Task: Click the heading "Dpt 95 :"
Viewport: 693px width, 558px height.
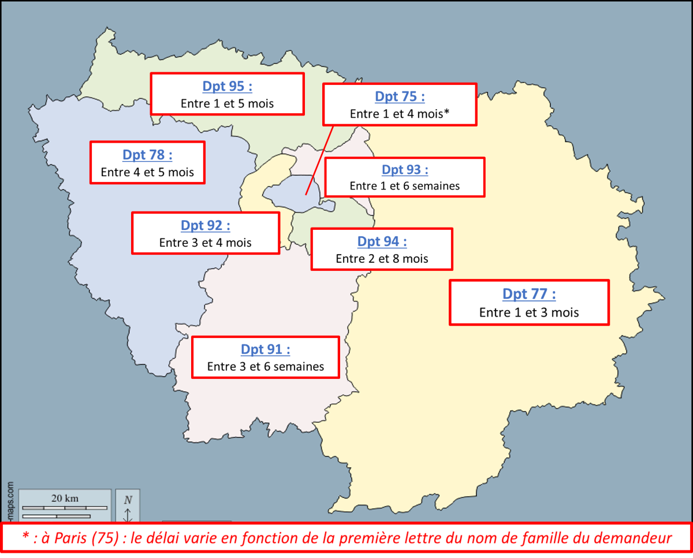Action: point(227,87)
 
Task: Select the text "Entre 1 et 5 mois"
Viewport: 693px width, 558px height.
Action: point(227,104)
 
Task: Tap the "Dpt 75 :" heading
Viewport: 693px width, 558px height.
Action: point(400,96)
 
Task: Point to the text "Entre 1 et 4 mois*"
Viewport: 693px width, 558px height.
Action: point(400,114)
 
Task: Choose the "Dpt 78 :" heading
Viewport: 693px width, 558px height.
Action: point(147,155)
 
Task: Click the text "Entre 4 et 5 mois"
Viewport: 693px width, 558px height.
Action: point(147,172)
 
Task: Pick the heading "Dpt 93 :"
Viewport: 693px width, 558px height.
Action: point(405,170)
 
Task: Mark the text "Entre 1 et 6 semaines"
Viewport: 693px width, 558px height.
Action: point(405,186)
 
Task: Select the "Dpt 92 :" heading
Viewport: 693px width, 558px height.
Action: point(206,225)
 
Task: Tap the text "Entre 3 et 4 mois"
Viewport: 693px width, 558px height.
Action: point(206,243)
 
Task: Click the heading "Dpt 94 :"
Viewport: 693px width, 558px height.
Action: point(382,241)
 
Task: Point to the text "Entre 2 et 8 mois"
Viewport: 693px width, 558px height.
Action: point(382,259)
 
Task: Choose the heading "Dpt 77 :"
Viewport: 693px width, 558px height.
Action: point(529,294)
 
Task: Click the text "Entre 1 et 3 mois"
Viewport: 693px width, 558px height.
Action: point(529,313)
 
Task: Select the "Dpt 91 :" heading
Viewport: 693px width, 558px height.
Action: point(266,349)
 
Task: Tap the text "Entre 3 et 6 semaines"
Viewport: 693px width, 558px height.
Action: point(266,366)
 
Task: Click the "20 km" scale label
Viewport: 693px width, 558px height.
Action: point(65,499)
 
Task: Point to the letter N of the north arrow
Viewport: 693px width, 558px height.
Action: point(128,500)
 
